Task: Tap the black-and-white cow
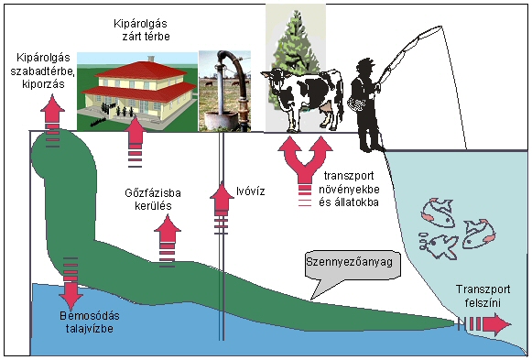click(x=304, y=96)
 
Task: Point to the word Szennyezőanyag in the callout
click(x=350, y=262)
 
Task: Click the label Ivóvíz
click(x=250, y=191)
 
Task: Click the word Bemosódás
click(x=90, y=316)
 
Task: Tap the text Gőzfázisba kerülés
click(x=153, y=200)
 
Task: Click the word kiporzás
click(x=43, y=83)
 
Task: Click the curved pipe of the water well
click(x=234, y=73)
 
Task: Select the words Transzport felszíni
click(x=483, y=296)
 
